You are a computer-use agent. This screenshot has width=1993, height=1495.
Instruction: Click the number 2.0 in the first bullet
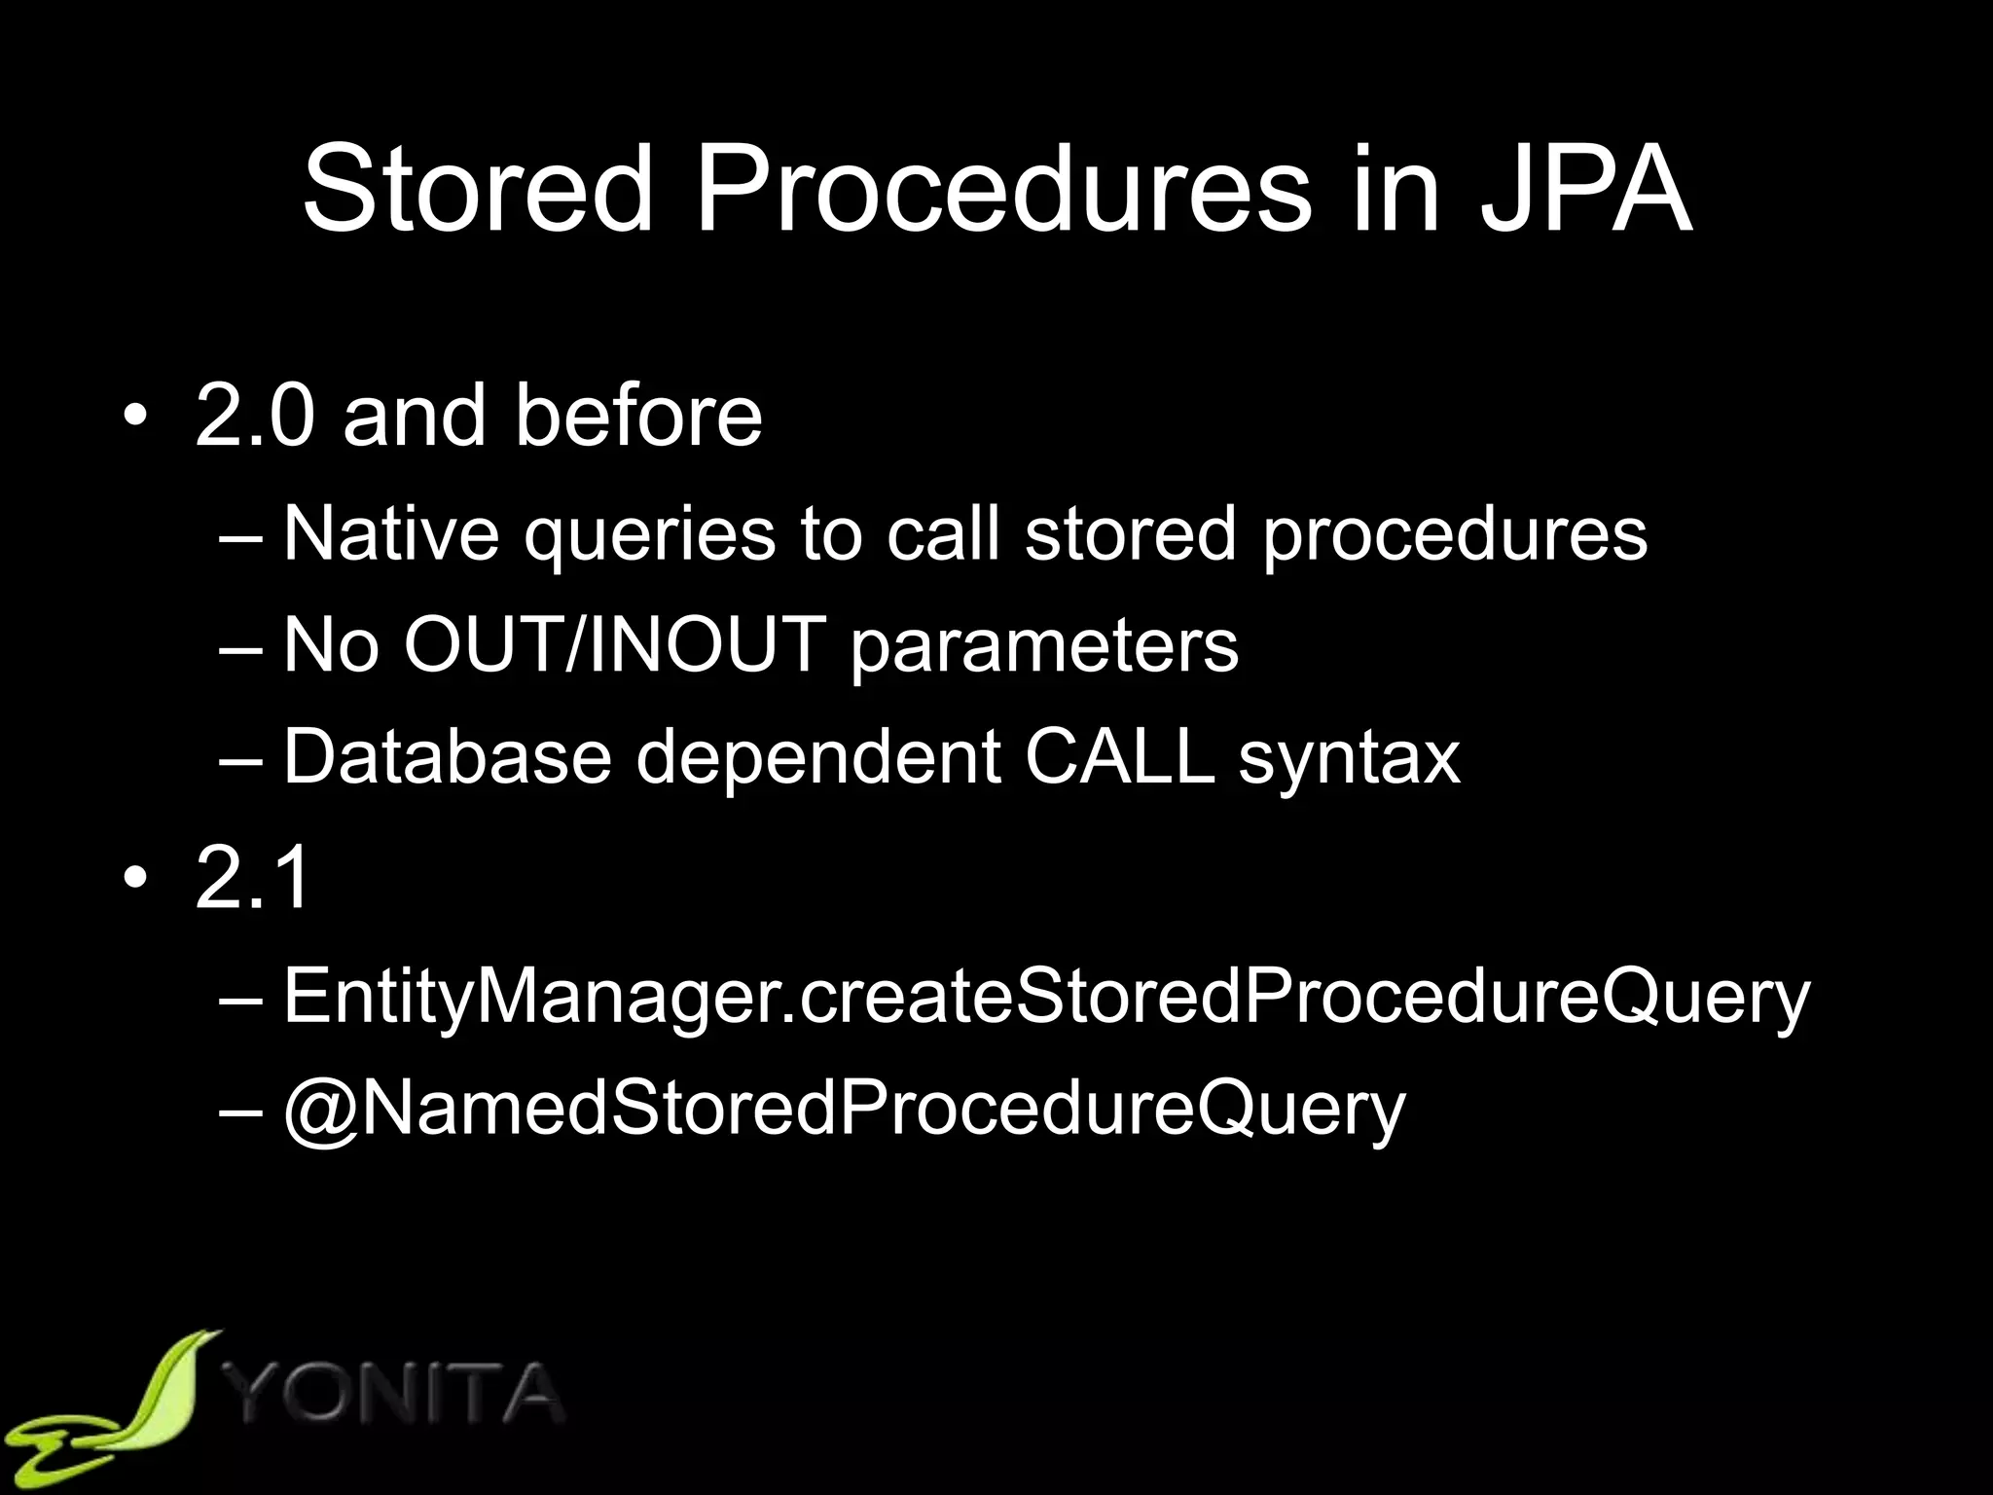click(x=255, y=416)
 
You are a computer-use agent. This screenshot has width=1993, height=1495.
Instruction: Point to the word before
click(x=638, y=416)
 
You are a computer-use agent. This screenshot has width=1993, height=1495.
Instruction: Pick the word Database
click(x=446, y=756)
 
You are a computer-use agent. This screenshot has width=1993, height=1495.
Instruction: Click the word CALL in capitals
click(x=1119, y=756)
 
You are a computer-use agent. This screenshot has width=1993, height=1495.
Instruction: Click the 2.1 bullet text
click(x=253, y=877)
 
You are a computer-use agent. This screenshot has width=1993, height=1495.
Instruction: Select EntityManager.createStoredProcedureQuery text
click(x=1046, y=998)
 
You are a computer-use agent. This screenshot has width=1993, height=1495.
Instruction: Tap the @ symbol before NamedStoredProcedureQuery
click(x=320, y=1110)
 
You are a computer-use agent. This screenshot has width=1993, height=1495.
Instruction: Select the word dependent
click(x=817, y=756)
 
